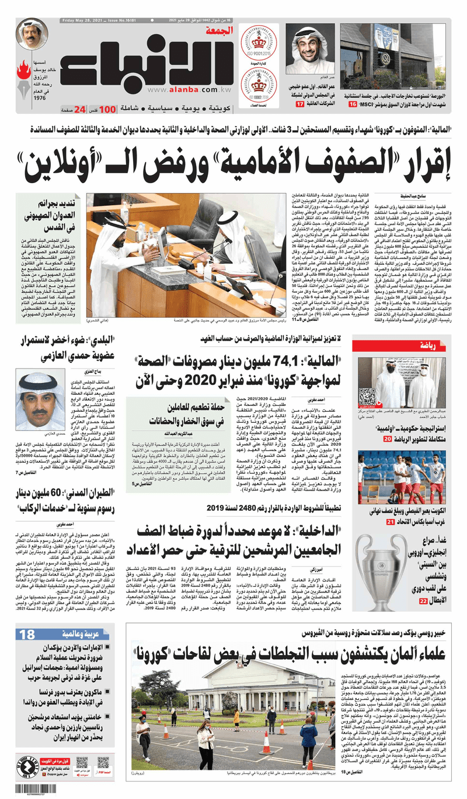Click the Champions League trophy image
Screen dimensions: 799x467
tap(381, 566)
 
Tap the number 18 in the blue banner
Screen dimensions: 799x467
tap(27, 635)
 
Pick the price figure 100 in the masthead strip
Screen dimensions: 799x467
tap(107, 108)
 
